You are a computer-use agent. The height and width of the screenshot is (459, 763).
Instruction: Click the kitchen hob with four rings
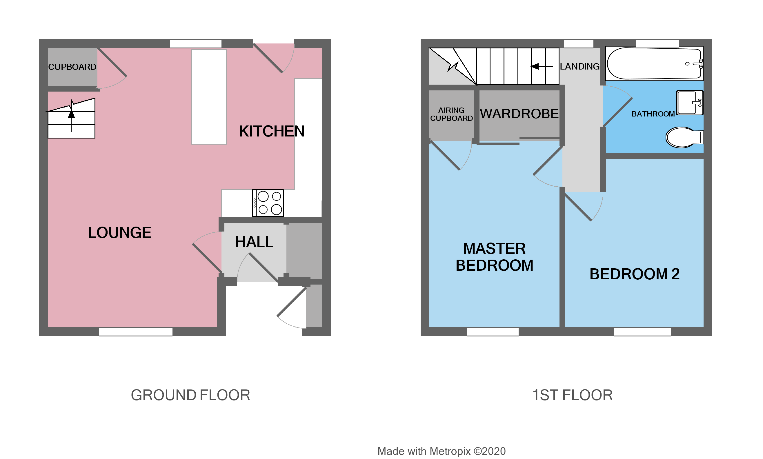[x=268, y=203]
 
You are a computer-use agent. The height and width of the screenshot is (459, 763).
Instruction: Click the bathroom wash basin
[x=689, y=103]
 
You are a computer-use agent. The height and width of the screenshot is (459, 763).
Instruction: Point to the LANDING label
[x=579, y=66]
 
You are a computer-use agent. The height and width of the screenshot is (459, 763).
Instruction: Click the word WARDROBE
[x=519, y=114]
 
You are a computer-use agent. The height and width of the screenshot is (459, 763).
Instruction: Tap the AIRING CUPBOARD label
[x=451, y=114]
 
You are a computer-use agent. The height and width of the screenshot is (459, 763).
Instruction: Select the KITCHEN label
[x=271, y=131]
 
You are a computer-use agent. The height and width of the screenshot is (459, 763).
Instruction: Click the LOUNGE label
[x=119, y=233]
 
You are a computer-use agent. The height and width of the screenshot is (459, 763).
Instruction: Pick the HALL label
[x=254, y=242]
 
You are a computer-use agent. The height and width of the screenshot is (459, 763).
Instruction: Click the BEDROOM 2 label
[x=634, y=274]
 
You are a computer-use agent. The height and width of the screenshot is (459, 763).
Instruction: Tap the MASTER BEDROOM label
[x=494, y=257]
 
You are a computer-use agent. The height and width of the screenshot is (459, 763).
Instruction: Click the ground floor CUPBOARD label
[x=72, y=67]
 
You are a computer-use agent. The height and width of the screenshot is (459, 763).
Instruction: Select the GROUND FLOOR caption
[x=190, y=395]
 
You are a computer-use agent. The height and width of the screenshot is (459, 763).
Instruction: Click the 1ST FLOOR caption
[x=572, y=395]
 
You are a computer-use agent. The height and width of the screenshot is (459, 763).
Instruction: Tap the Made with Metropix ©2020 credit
[x=441, y=451]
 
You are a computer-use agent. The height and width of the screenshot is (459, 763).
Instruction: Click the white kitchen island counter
[x=208, y=97]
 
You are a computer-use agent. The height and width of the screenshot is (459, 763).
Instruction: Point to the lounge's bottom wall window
[x=135, y=331]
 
